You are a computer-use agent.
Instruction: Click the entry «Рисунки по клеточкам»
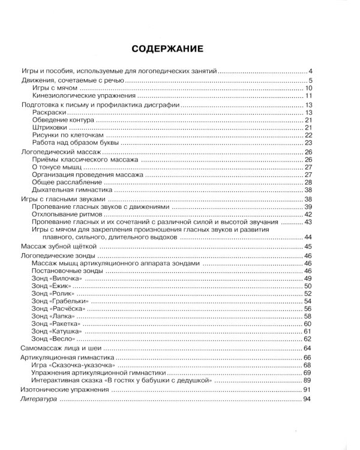click(x=68, y=136)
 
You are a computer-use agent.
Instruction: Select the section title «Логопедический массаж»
click(x=61, y=153)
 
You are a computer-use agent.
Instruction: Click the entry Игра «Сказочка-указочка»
click(x=74, y=365)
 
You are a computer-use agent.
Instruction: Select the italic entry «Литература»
click(x=40, y=398)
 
